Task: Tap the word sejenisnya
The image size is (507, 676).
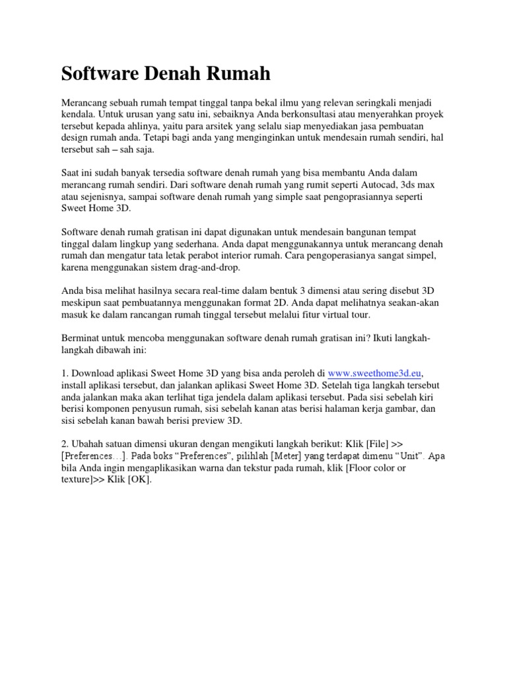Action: (107, 197)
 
